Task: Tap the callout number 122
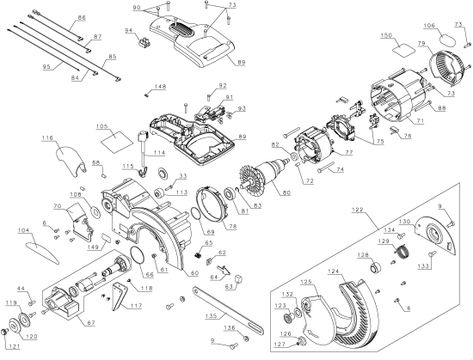pos(358,210)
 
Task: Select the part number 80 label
pos(286,192)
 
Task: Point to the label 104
pos(23,230)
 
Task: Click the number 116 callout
pos(47,138)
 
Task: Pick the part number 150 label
pos(386,35)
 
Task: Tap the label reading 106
pos(429,25)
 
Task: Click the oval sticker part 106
pos(447,40)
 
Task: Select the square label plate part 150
pos(402,50)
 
